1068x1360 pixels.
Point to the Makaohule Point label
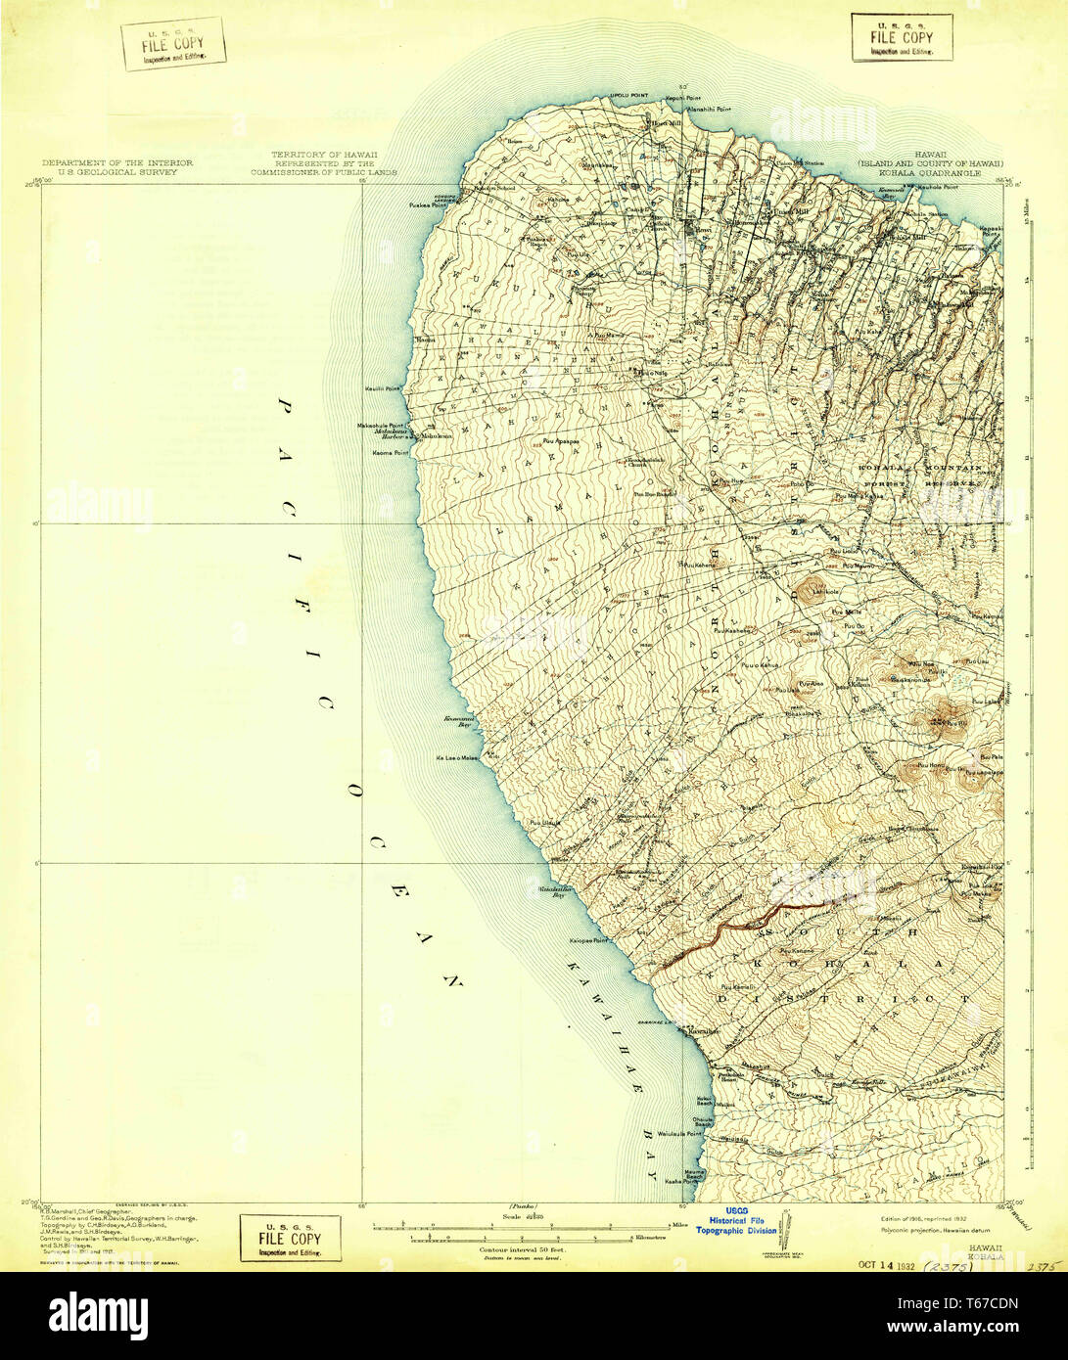click(x=382, y=426)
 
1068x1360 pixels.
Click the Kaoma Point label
click(x=389, y=452)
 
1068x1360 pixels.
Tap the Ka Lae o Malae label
click(x=457, y=756)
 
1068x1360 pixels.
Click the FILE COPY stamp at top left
click(x=174, y=44)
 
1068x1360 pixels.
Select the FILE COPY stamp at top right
click(x=902, y=37)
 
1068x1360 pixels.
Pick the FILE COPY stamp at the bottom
click(x=290, y=1238)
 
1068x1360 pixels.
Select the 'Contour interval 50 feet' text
click(x=523, y=1249)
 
